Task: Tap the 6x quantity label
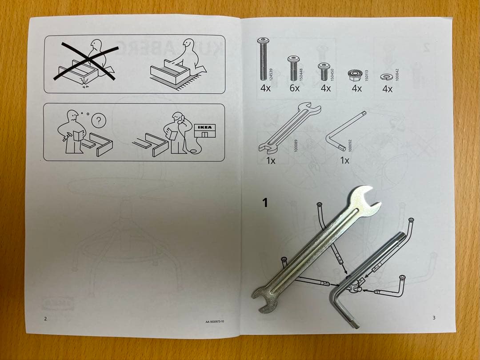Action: (295, 88)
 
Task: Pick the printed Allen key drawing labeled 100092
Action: (345, 131)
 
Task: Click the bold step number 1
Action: (265, 203)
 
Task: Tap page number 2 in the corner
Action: (45, 318)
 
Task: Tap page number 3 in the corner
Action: (433, 317)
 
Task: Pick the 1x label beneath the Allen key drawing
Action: (344, 160)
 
